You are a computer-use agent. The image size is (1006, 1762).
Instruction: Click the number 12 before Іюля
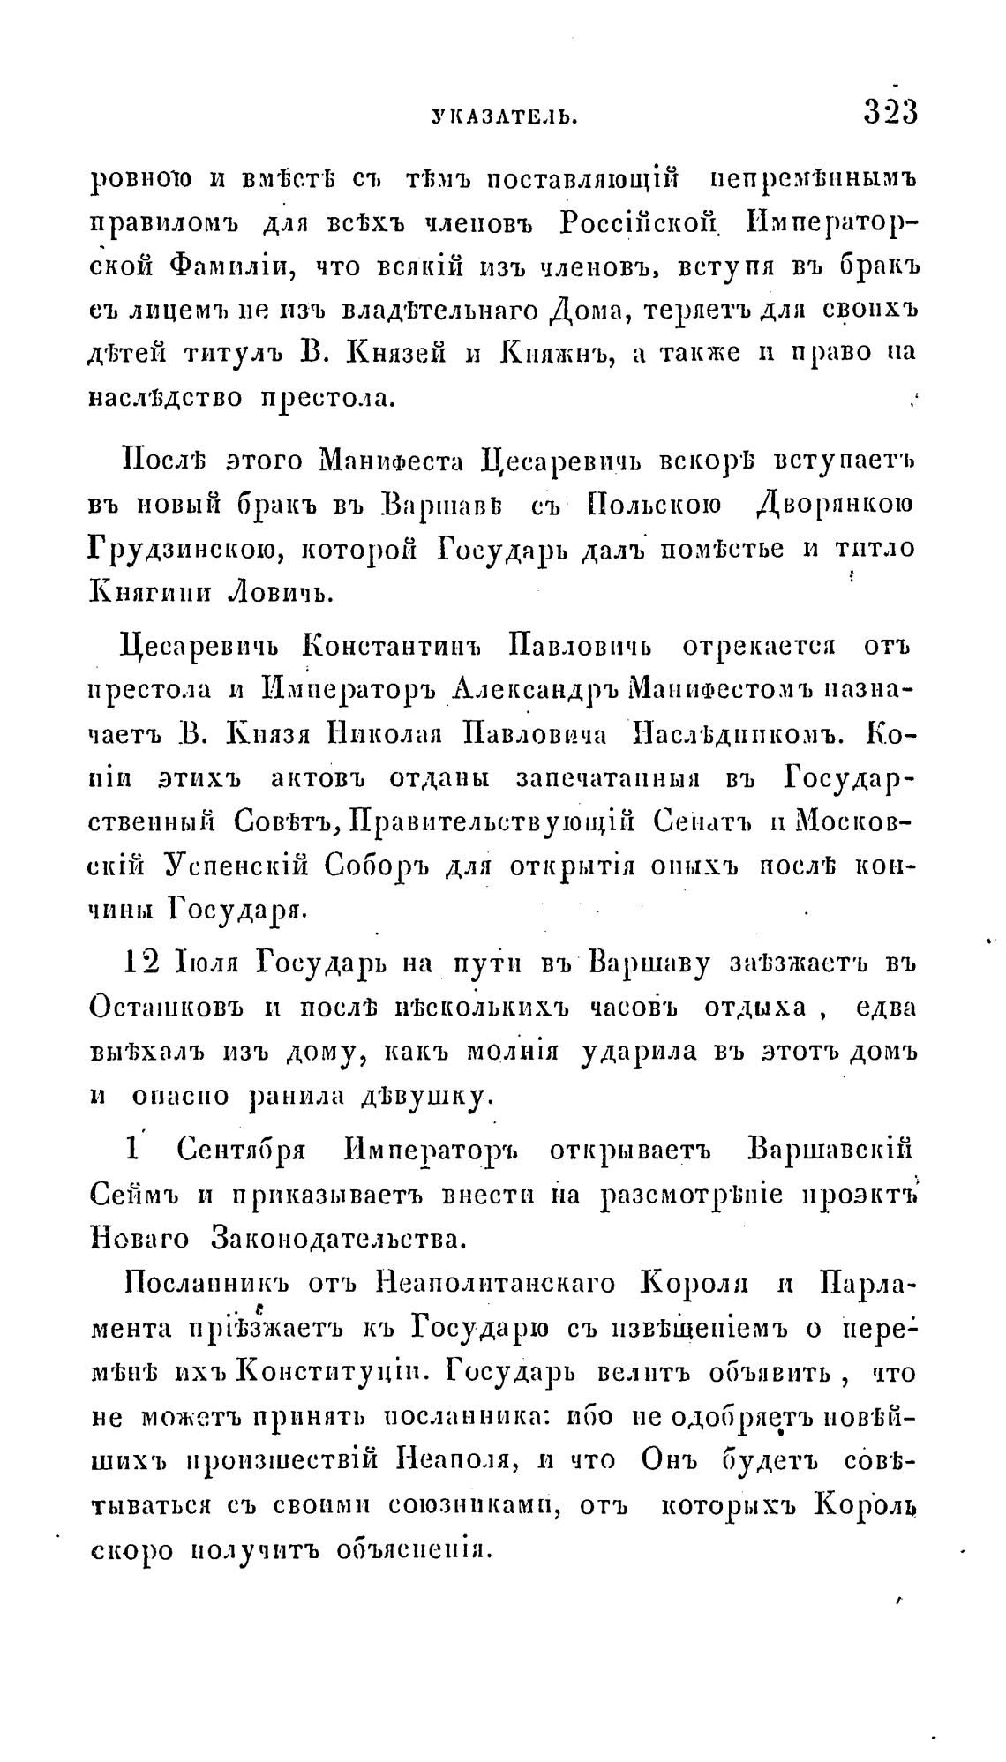(141, 963)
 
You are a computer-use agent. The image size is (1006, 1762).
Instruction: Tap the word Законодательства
(338, 1239)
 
